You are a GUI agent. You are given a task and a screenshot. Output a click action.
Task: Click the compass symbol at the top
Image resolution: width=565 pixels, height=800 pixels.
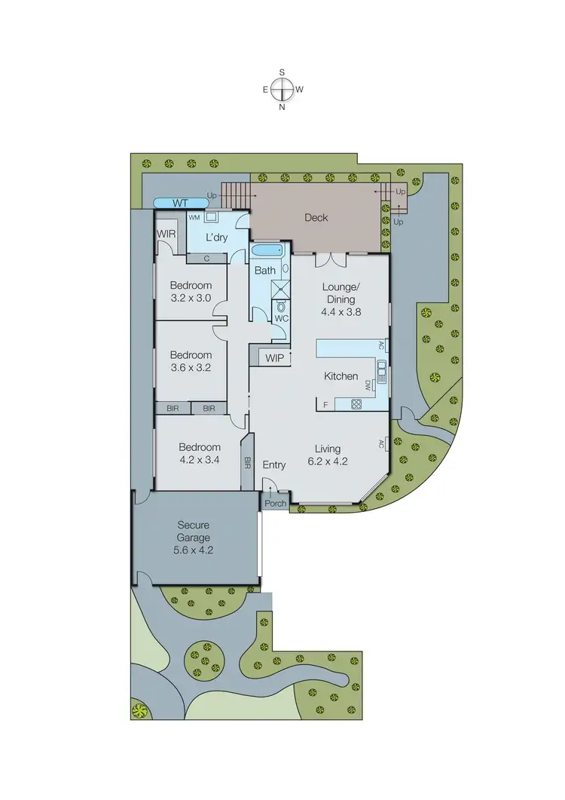[282, 89]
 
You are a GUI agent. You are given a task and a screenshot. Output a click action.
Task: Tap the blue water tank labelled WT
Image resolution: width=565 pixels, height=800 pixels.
[180, 203]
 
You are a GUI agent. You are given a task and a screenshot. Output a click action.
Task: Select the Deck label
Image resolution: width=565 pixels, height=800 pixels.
[316, 218]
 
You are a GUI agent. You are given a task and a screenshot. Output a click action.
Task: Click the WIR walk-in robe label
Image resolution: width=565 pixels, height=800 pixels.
[166, 234]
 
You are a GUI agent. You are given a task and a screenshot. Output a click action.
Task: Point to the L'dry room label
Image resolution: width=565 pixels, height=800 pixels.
[217, 238]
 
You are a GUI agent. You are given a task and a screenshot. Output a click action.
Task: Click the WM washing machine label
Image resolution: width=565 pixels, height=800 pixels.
[194, 217]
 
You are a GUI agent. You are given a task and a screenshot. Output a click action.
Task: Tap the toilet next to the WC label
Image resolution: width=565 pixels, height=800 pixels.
[282, 305]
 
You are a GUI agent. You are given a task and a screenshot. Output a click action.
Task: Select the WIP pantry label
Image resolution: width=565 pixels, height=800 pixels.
[275, 357]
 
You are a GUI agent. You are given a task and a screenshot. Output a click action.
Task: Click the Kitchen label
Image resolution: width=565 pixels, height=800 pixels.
[341, 376]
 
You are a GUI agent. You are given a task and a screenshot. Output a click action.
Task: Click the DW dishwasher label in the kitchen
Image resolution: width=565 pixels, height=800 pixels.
[368, 385]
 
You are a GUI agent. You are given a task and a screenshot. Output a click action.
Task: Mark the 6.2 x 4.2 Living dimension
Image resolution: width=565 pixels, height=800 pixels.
[331, 460]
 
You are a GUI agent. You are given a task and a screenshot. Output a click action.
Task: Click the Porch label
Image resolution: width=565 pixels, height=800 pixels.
[274, 504]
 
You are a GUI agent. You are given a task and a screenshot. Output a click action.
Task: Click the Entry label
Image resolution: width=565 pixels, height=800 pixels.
[274, 465]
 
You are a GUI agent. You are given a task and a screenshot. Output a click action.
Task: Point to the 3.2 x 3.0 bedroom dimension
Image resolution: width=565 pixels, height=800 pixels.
[190, 298]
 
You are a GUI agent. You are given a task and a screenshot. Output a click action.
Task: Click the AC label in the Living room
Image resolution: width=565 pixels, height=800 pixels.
[382, 444]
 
